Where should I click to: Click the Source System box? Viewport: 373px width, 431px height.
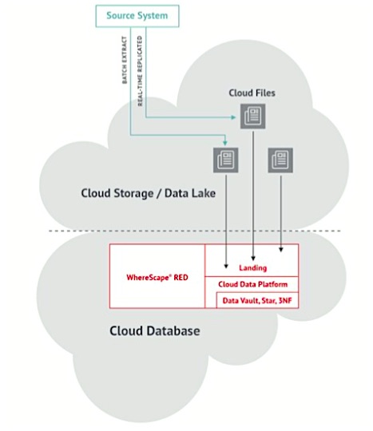coord(137,16)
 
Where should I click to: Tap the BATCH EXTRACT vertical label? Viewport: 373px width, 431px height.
coord(125,60)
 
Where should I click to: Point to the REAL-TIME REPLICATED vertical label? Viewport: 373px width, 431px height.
coord(140,71)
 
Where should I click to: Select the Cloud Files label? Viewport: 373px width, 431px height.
coord(252,93)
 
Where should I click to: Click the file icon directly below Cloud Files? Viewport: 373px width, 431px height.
coord(252,117)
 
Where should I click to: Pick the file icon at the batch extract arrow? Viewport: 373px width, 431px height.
coord(225,160)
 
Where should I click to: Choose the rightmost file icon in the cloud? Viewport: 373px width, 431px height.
coord(280,160)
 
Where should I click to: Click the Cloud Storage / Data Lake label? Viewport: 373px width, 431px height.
coord(149,193)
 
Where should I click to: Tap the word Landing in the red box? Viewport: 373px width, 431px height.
coord(252,267)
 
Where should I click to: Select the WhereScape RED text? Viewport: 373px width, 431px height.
coord(157,277)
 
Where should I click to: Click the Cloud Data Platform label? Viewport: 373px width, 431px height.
coord(252,284)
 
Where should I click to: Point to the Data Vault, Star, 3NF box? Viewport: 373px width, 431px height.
coord(257,300)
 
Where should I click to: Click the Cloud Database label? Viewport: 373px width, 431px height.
coord(155,331)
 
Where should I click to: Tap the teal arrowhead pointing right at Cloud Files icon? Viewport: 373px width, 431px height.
coord(233,117)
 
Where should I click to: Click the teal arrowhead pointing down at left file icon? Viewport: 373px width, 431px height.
coord(225,143)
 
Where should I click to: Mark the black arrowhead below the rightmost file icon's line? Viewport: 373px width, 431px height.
coord(281,250)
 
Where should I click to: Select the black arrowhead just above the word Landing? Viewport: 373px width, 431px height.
coord(253,258)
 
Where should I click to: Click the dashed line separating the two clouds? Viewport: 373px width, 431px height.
coord(194,231)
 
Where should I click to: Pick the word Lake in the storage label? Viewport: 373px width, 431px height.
coord(204,193)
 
